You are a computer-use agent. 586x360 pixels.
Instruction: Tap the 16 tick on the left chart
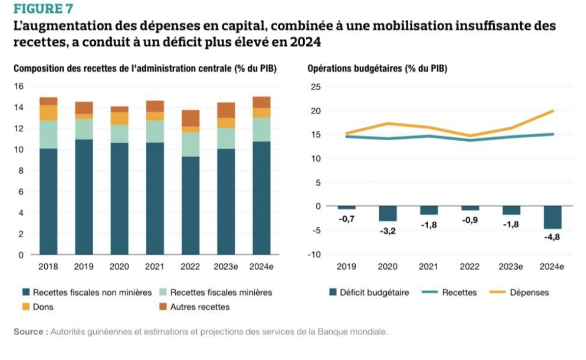tap(19, 87)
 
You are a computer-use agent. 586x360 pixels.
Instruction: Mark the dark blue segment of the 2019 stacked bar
tap(84, 196)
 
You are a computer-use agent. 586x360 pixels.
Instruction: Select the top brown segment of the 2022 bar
tap(191, 118)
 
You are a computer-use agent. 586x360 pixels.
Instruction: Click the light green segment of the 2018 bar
tap(48, 135)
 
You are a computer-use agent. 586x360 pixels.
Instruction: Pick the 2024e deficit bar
tap(552, 218)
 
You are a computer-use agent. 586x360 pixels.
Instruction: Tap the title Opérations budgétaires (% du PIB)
tap(378, 69)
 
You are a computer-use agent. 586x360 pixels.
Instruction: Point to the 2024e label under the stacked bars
tap(261, 266)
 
